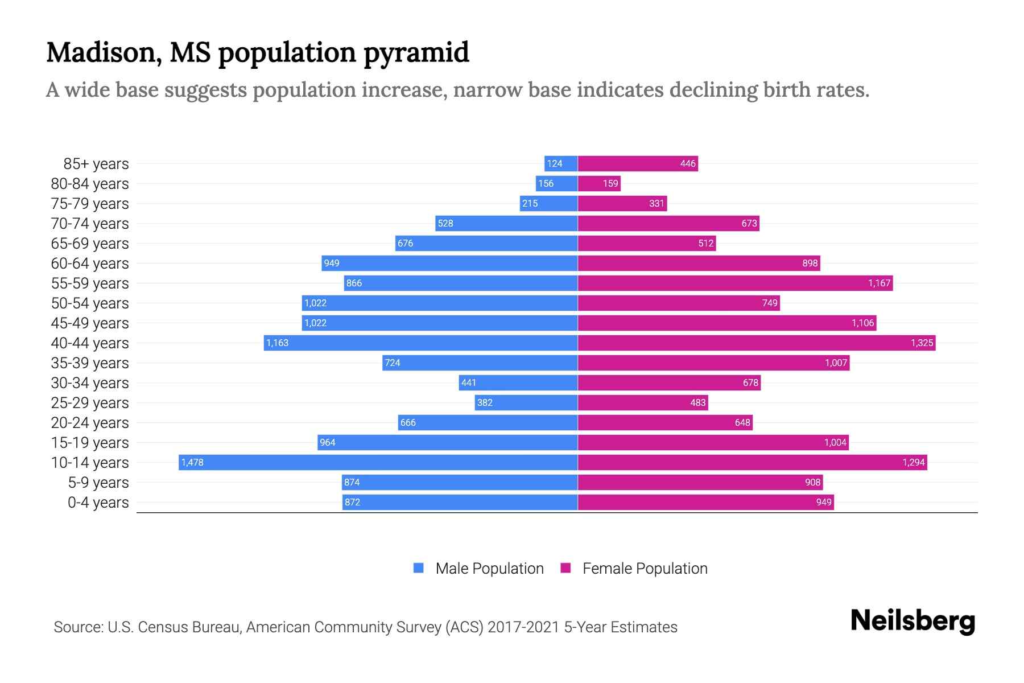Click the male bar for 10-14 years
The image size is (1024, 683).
pyautogui.click(x=378, y=462)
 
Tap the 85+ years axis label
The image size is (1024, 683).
pyautogui.click(x=96, y=164)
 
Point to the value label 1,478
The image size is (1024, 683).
pyautogui.click(x=192, y=463)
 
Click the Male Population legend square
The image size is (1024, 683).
pyautogui.click(x=419, y=568)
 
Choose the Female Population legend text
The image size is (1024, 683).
pyautogui.click(x=645, y=569)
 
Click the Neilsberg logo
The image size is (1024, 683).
pyautogui.click(x=912, y=621)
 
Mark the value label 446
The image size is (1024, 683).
pyautogui.click(x=688, y=164)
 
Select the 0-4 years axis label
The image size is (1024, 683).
pyautogui.click(x=98, y=503)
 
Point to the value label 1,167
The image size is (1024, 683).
pyautogui.click(x=879, y=283)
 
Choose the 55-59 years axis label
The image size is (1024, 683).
pyautogui.click(x=90, y=283)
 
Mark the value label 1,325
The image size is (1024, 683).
pyautogui.click(x=922, y=343)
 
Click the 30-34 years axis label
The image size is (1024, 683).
pyautogui.click(x=90, y=383)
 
